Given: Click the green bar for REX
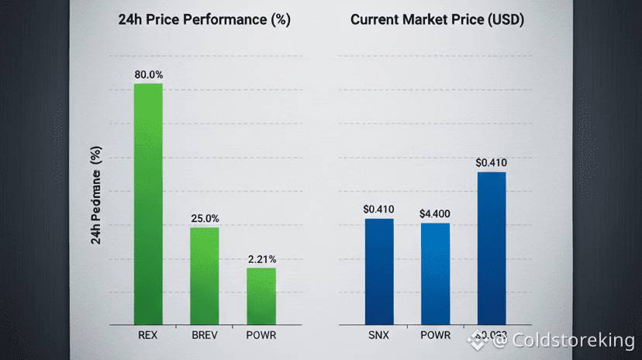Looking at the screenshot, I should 148,203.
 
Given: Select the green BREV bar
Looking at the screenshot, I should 205,275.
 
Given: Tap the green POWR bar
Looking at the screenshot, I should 261,296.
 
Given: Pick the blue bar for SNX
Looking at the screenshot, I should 379,271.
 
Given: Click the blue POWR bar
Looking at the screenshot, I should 435,273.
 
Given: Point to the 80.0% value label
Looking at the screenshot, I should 148,74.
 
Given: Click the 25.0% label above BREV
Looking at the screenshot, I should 205,218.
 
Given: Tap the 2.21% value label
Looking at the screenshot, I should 262,258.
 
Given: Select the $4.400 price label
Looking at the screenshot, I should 435,213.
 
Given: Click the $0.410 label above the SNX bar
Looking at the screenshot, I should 379,209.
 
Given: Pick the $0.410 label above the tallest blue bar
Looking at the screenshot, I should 492,162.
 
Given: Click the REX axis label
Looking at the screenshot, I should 148,336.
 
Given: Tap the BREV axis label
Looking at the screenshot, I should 205,336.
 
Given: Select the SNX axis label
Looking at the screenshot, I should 379,336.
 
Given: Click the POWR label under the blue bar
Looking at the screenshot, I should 435,336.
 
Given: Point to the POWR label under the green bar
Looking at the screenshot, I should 261,336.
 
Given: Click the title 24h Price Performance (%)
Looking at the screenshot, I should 204,20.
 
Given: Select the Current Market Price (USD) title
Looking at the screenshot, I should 437,20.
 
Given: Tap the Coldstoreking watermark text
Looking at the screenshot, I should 573,340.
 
